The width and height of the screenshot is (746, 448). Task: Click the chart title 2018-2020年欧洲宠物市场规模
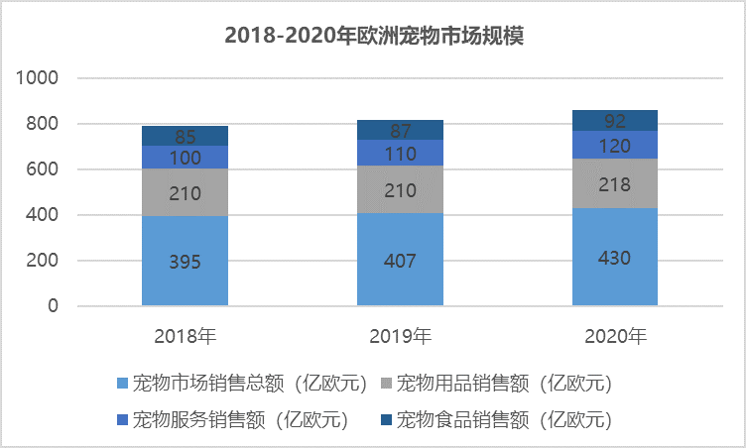click(x=373, y=37)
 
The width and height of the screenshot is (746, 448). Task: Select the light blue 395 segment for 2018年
click(x=186, y=261)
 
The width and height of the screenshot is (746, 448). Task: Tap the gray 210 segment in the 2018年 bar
click(x=186, y=192)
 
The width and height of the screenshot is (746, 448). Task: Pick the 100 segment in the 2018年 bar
click(x=186, y=158)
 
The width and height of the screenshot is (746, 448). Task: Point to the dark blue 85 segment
click(x=186, y=136)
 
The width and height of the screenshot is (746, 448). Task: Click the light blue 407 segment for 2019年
click(x=400, y=260)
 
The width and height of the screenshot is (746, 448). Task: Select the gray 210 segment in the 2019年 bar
click(x=400, y=189)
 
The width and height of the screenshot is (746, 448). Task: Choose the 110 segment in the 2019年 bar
click(x=400, y=153)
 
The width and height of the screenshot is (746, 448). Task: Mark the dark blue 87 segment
click(x=400, y=130)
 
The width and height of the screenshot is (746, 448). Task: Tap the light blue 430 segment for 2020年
click(x=615, y=257)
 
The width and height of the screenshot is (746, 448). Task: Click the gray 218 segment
click(x=615, y=183)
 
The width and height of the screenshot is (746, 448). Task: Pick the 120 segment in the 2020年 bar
click(x=615, y=145)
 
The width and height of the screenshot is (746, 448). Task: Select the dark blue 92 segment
click(x=615, y=120)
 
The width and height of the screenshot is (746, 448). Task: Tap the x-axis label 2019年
click(x=400, y=336)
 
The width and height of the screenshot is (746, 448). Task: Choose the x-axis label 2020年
click(x=615, y=336)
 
